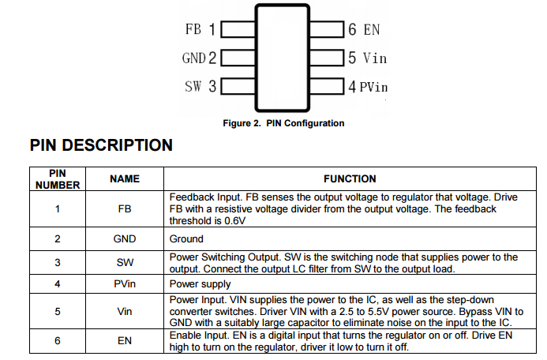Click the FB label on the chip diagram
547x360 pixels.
click(193, 30)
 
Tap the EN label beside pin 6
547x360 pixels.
click(371, 30)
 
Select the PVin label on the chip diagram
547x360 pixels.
click(373, 86)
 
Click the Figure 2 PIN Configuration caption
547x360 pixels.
click(283, 123)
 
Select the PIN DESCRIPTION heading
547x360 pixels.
click(100, 145)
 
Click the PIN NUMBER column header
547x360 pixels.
click(58, 179)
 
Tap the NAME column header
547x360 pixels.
click(124, 179)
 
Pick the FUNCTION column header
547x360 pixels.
click(350, 179)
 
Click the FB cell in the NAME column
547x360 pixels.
click(124, 209)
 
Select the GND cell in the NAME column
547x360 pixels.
click(124, 238)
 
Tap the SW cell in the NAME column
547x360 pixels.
click(124, 262)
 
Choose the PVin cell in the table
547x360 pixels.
click(124, 283)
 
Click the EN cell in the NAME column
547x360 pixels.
click(124, 340)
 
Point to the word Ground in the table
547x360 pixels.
click(187, 238)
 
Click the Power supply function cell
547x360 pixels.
click(200, 283)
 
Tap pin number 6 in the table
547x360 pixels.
click(58, 340)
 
